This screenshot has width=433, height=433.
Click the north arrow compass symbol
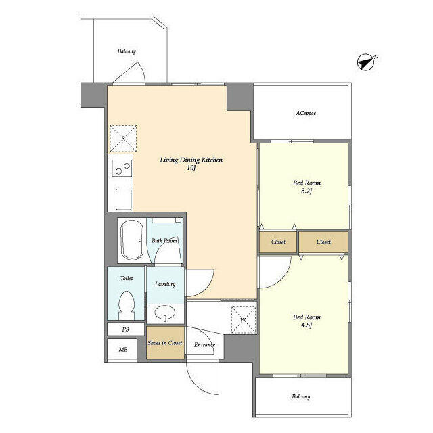click(366, 63)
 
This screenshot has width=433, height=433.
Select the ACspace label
click(306, 113)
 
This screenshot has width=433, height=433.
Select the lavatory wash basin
click(164, 313)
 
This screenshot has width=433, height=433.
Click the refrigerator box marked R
click(123, 138)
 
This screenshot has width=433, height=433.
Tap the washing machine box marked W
click(243, 319)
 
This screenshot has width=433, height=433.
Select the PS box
click(125, 329)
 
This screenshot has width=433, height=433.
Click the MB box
click(123, 350)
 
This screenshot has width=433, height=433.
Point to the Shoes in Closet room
click(165, 343)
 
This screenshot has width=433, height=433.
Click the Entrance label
click(204, 345)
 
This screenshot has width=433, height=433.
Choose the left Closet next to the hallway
click(278, 242)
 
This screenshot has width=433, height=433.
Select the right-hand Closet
click(323, 242)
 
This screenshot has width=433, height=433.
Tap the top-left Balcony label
click(127, 51)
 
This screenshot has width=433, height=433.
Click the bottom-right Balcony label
click(301, 396)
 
